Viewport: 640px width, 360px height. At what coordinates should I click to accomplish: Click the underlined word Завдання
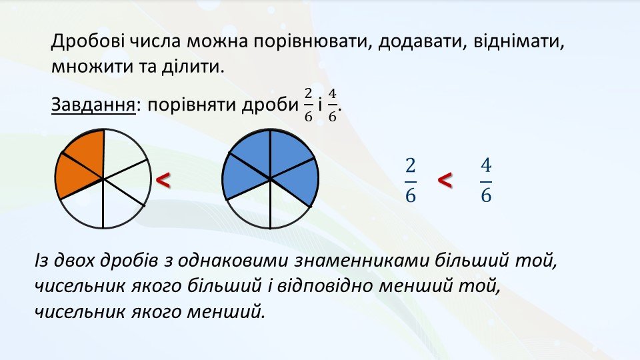pyautogui.click(x=93, y=105)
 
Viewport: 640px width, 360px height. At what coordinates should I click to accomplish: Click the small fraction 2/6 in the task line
pyautogui.click(x=308, y=105)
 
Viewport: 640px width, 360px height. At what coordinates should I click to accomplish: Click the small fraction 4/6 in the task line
pyautogui.click(x=332, y=105)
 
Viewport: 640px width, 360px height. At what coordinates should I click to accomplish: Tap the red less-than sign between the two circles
pyautogui.click(x=163, y=180)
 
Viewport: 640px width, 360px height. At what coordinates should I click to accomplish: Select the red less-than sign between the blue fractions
pyautogui.click(x=445, y=180)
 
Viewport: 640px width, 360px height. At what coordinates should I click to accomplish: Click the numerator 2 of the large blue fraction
pyautogui.click(x=411, y=167)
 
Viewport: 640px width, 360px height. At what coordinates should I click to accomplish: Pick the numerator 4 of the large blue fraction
pyautogui.click(x=486, y=167)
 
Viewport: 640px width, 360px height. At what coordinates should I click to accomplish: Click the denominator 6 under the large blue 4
pyautogui.click(x=486, y=195)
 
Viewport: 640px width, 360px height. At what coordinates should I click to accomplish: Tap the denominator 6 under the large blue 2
pyautogui.click(x=411, y=195)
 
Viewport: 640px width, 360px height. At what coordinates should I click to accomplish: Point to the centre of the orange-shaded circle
pyautogui.click(x=103, y=179)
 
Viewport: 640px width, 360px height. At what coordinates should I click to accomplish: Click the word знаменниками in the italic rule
pyautogui.click(x=361, y=261)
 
